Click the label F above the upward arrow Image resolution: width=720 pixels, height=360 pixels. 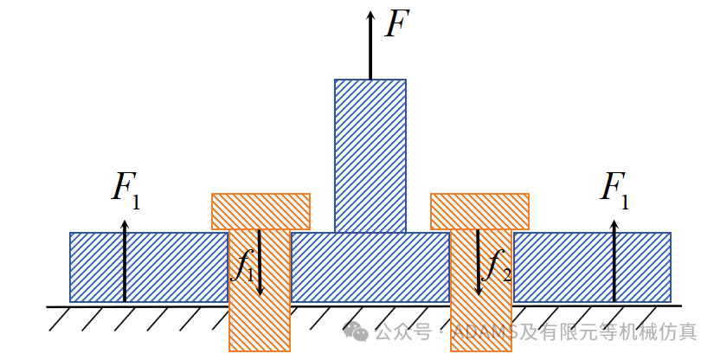pos(397,23)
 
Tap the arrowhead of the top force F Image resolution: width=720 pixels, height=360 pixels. pos(370,16)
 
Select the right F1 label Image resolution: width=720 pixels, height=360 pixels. pos(614,191)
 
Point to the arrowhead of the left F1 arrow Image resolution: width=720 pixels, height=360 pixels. pos(125,224)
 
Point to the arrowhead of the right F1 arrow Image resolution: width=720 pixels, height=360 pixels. pos(614,224)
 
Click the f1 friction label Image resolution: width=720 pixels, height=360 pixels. pos(242,267)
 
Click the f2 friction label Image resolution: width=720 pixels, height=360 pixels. pos(497,267)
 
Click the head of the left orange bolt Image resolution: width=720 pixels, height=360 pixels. pos(260,211)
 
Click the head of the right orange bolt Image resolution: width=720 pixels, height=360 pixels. pos(479,211)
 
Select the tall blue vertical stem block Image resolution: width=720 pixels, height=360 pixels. pos(370,156)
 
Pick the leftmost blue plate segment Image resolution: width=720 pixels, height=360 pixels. pos(149,267)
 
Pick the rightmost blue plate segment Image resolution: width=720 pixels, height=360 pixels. pos(591,267)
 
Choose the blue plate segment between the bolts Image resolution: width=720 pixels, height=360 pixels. pos(370,267)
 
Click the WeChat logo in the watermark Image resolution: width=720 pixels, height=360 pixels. pos(356,331)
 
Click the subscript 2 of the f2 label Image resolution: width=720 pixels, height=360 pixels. pos(506,275)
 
